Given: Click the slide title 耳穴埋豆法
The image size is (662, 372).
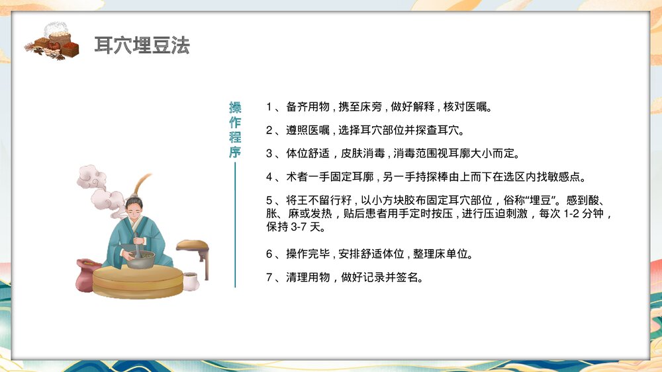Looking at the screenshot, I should (142, 46).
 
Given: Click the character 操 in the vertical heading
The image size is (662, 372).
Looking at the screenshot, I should (235, 108).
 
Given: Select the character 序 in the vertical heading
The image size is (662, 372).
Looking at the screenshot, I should (235, 152).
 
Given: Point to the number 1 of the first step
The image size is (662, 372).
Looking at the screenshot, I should (269, 107).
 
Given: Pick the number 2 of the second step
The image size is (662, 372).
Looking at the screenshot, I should (269, 130).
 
